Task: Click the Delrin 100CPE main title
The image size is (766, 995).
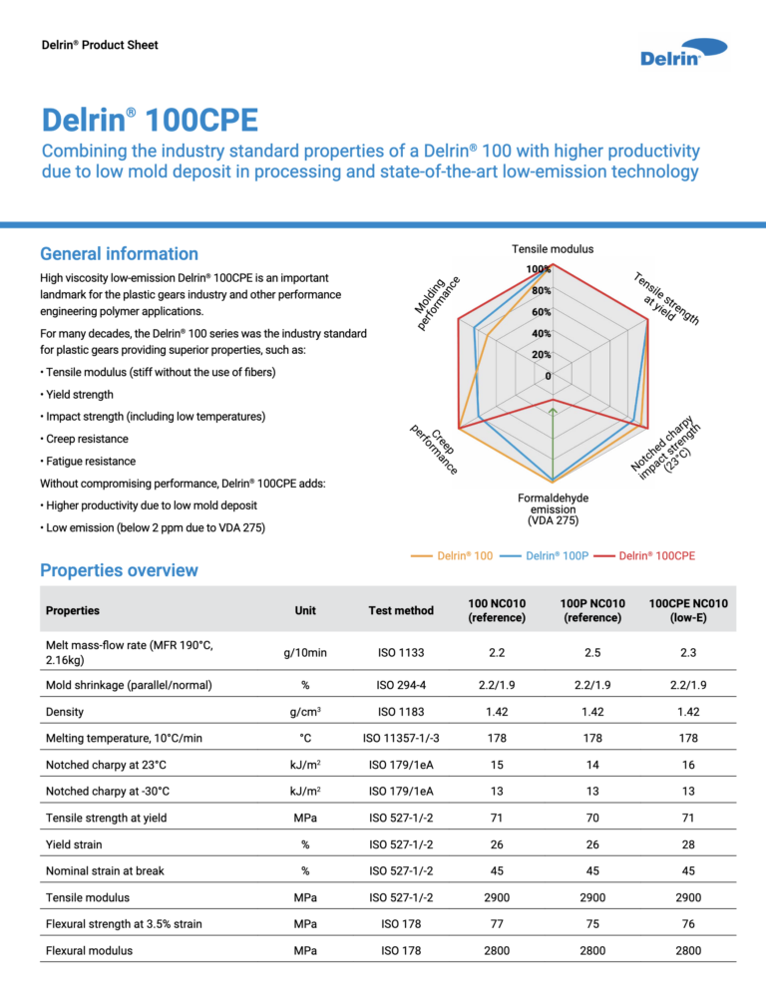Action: [150, 122]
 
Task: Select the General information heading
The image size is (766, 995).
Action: [118, 254]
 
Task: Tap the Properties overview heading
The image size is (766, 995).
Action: [118, 570]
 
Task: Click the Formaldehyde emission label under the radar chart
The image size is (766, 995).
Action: [553, 508]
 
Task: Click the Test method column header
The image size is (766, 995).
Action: [399, 610]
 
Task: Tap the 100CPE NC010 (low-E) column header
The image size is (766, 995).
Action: [687, 610]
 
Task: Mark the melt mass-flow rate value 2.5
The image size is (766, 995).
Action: [593, 653]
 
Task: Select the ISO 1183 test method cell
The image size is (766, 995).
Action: [399, 712]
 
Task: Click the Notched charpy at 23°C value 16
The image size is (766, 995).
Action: [687, 766]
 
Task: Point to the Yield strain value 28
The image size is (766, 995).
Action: [687, 843]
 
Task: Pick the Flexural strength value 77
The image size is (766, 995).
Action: [497, 923]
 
